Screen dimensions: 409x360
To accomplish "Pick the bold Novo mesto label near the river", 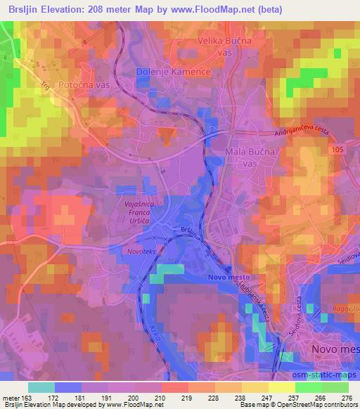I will pos(229,278).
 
